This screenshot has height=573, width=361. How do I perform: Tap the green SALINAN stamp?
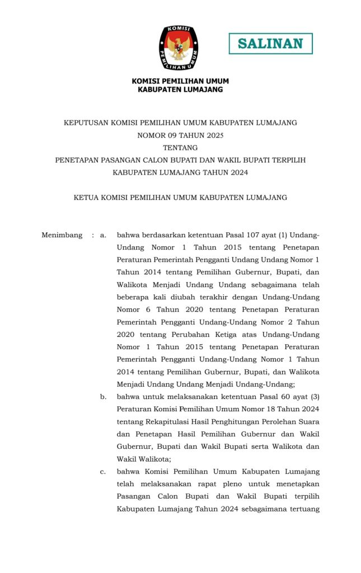(270, 44)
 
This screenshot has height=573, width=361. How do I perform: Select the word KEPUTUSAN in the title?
(86, 123)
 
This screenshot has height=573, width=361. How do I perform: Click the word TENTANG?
(180, 148)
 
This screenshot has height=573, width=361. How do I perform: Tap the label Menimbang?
(62, 235)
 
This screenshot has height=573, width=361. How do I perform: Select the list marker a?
(103, 235)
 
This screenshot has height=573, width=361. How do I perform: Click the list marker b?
(104, 397)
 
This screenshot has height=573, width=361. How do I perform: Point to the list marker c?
(103, 472)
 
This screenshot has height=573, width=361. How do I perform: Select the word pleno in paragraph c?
(214, 484)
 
